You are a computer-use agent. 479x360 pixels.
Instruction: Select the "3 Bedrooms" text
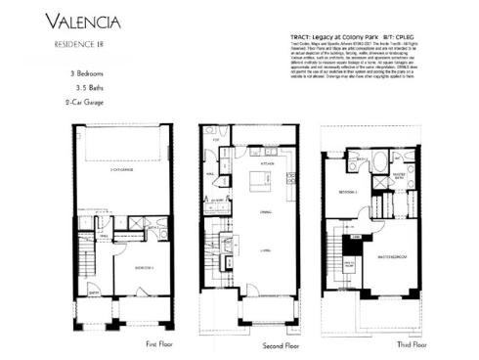click(x=58, y=74)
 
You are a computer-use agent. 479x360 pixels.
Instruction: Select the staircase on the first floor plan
click(x=87, y=264)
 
